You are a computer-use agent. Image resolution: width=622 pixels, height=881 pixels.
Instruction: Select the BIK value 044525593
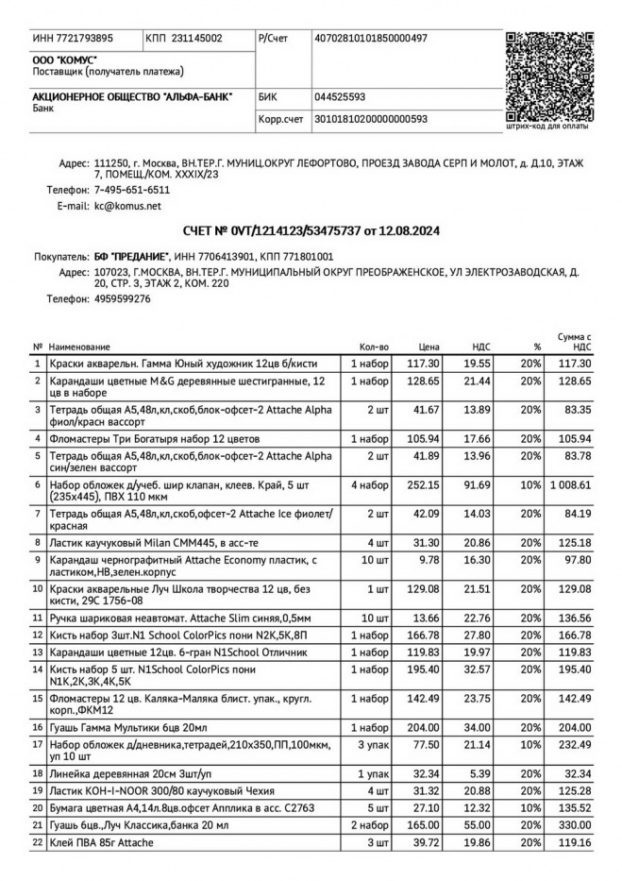340,96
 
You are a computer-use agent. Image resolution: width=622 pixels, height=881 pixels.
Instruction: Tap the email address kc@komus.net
114,205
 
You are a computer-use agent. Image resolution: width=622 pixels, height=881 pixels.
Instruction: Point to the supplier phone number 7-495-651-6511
132,190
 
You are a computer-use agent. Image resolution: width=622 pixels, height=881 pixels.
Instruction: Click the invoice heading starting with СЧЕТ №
311,230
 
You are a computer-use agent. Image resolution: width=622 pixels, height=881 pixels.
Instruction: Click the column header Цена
429,347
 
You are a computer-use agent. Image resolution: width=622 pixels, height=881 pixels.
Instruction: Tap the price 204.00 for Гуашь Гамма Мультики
427,728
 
